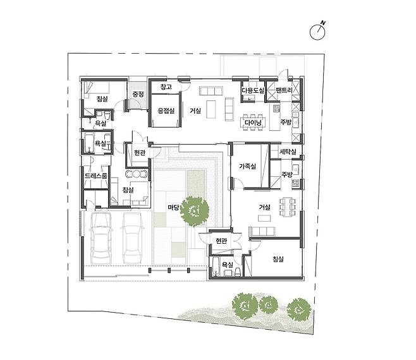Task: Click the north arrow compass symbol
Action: click(317, 31)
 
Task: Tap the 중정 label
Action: click(138, 94)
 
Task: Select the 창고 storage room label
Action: click(166, 87)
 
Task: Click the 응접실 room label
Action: click(166, 111)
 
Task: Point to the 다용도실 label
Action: click(253, 90)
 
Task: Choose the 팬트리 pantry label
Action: click(284, 90)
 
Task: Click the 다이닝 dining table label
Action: click(253, 123)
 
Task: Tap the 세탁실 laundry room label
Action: click(288, 152)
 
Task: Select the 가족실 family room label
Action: click(248, 167)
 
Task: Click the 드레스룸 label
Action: click(96, 176)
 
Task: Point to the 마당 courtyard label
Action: click(173, 207)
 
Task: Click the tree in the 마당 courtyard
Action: click(195, 212)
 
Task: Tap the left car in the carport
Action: click(101, 238)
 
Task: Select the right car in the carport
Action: click(133, 238)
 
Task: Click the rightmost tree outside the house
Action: click(299, 309)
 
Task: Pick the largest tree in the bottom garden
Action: click(245, 305)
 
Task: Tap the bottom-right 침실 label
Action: click(278, 259)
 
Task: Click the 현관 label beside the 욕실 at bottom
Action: click(221, 241)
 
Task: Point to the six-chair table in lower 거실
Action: click(288, 207)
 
